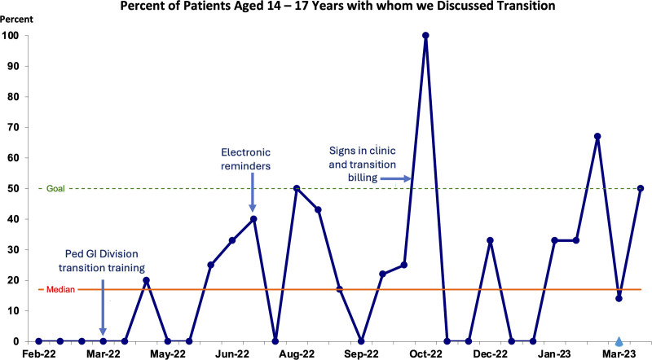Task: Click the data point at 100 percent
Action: [425, 36]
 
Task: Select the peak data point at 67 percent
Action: [597, 136]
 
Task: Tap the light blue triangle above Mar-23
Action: [619, 341]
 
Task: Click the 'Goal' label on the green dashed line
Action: [55, 188]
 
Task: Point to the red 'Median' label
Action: [60, 289]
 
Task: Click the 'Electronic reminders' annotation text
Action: [246, 159]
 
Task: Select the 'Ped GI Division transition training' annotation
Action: [102, 261]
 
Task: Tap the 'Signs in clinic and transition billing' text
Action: [362, 164]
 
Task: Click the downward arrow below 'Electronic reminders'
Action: [252, 193]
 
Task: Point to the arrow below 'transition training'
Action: [103, 307]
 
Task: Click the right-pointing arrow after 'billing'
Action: [395, 178]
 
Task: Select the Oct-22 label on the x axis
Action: [425, 354]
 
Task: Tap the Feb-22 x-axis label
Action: [38, 354]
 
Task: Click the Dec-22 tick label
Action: [491, 354]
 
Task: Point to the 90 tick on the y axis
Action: [13, 66]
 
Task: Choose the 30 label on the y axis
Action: [13, 250]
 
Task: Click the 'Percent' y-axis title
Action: [16, 19]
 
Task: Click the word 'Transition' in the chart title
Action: [526, 6]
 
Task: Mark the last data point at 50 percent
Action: [641, 188]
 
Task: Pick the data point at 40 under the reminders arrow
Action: [253, 219]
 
